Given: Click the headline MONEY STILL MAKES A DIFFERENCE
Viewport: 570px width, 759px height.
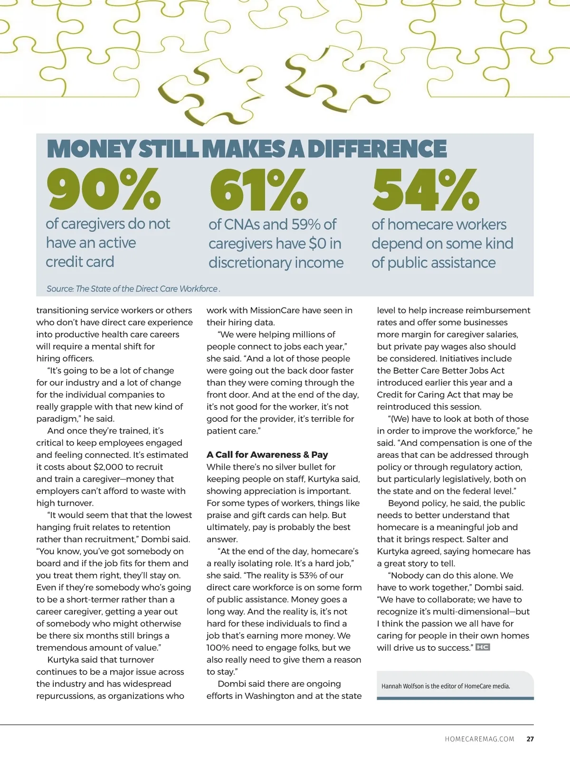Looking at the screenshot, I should [247, 149].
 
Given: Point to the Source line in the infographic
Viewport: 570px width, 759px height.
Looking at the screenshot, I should [133, 289].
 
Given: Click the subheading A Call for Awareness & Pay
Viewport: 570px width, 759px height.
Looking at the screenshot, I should [267, 455].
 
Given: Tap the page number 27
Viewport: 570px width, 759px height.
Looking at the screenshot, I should [530, 739].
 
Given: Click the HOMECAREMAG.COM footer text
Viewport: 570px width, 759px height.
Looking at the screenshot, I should [480, 739].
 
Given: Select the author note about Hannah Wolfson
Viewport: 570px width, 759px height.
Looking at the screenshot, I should [446, 686].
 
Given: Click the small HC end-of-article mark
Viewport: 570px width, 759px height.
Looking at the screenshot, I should [483, 647].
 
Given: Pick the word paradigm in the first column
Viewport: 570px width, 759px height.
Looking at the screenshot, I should [57, 419].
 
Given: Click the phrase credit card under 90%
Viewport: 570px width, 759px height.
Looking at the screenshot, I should [80, 262].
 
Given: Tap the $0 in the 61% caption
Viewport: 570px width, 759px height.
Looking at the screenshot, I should [317, 244].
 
